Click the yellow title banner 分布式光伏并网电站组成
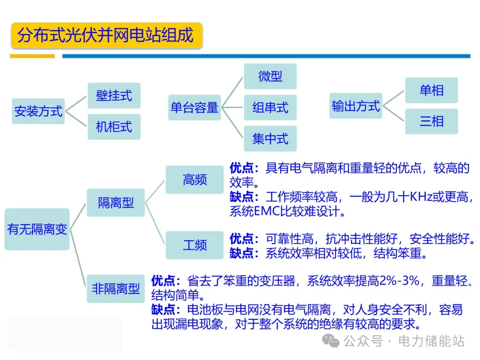coord(107,35)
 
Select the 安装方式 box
coord(38,111)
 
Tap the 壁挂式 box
coord(114,96)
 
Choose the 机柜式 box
coord(114,127)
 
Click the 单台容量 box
coord(194,108)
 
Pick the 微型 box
coord(270,76)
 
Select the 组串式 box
coord(270,108)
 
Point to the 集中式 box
coord(270,139)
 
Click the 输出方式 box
coord(356,106)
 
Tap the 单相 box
coord(432,90)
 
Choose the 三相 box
coord(432,121)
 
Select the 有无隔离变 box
coord(37,229)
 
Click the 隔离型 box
coord(116,203)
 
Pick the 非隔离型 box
coord(116,289)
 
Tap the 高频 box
coord(195,180)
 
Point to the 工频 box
coord(195,245)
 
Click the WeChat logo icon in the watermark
coord(331,341)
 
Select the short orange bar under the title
coord(32,56)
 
